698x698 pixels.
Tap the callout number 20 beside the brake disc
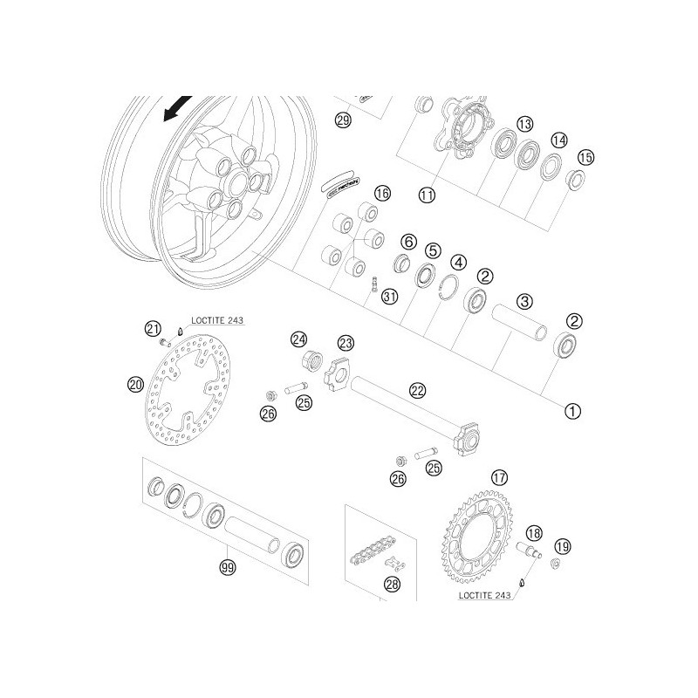(x=135, y=383)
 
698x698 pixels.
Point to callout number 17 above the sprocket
(x=499, y=477)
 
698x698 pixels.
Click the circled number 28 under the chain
(x=392, y=585)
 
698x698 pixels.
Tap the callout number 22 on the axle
(x=418, y=392)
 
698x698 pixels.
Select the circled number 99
(x=228, y=568)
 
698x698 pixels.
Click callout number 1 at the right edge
(x=573, y=407)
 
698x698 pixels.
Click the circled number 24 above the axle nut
(x=299, y=339)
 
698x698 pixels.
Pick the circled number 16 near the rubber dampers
(x=382, y=192)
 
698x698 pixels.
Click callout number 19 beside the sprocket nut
(x=562, y=546)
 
